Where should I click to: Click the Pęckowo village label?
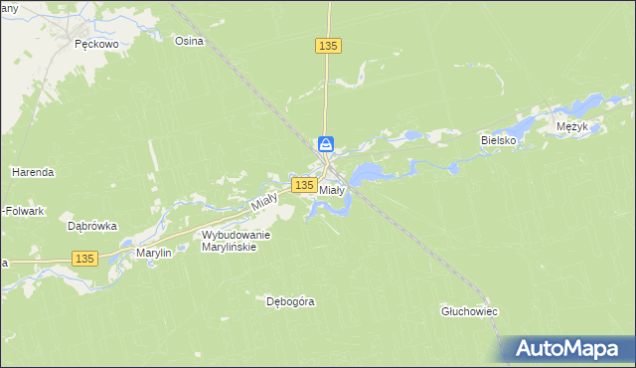pos(96,45)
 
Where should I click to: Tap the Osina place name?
pos(189,41)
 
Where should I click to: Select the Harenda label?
pos(33,172)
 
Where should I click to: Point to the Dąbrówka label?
pos(91,226)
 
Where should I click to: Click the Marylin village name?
pos(154,254)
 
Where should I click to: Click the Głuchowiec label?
pos(469,311)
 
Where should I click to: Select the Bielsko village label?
pos(500,141)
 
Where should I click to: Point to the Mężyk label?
pos(573,127)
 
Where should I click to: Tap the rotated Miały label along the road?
pos(263,200)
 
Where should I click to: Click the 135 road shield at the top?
pos(329,46)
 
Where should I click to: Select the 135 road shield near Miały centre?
pos(305,185)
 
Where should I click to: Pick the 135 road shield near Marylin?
pos(84,259)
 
